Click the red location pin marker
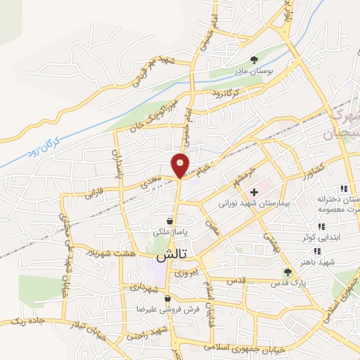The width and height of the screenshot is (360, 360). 181,165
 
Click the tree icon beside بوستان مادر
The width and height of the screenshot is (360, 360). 254,60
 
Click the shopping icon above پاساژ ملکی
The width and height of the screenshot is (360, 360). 169,221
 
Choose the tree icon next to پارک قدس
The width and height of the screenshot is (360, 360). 286,272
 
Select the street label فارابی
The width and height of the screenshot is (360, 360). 113,188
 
